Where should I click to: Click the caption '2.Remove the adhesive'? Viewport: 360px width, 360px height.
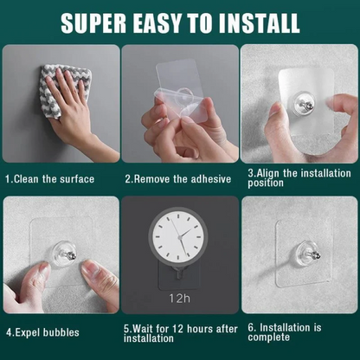point(177,179)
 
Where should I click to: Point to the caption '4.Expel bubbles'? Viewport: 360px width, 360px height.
point(42,331)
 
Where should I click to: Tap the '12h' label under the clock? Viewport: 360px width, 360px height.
point(179,298)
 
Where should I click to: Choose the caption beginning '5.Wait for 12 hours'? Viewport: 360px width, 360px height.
point(179,333)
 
